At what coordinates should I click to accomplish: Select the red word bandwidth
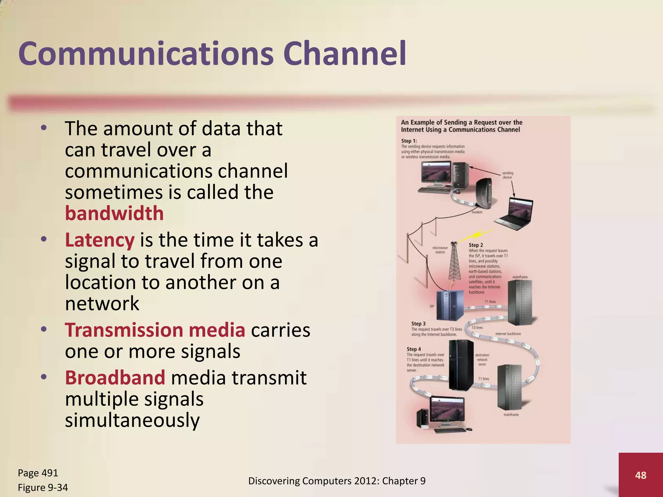114,214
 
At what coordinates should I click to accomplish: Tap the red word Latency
100,240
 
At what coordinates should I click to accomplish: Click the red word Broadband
115,378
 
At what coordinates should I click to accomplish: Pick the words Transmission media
155,330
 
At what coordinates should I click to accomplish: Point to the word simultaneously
132,420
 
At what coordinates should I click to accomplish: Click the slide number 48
640,475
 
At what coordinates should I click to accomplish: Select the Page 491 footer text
38,473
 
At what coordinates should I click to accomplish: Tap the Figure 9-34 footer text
43,487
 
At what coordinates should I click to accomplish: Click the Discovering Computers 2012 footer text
337,481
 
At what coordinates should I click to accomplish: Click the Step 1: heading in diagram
409,141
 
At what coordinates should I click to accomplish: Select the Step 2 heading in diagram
476,245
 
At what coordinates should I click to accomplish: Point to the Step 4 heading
413,349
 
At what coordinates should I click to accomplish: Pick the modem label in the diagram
477,212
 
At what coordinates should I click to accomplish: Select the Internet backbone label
508,334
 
